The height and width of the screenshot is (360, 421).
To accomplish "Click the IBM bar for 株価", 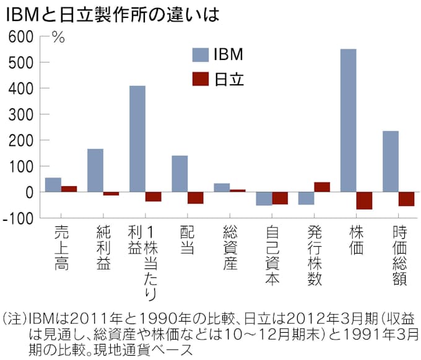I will [x=349, y=121].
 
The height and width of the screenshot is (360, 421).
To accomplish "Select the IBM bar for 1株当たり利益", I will [x=137, y=139].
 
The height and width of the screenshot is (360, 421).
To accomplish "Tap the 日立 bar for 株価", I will [x=365, y=200].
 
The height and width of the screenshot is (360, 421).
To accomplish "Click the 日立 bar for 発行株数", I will [x=322, y=187].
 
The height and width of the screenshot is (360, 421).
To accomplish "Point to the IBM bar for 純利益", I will [x=95, y=170].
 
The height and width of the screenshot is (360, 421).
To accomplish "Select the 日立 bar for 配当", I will [x=196, y=197].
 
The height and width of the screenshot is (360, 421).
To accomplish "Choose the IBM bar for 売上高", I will [x=53, y=184].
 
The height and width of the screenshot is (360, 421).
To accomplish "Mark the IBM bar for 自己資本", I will [x=264, y=198].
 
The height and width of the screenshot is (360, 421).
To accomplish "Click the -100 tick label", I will [x=18, y=218].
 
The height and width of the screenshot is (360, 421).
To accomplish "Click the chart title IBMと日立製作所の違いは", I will [x=111, y=14].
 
